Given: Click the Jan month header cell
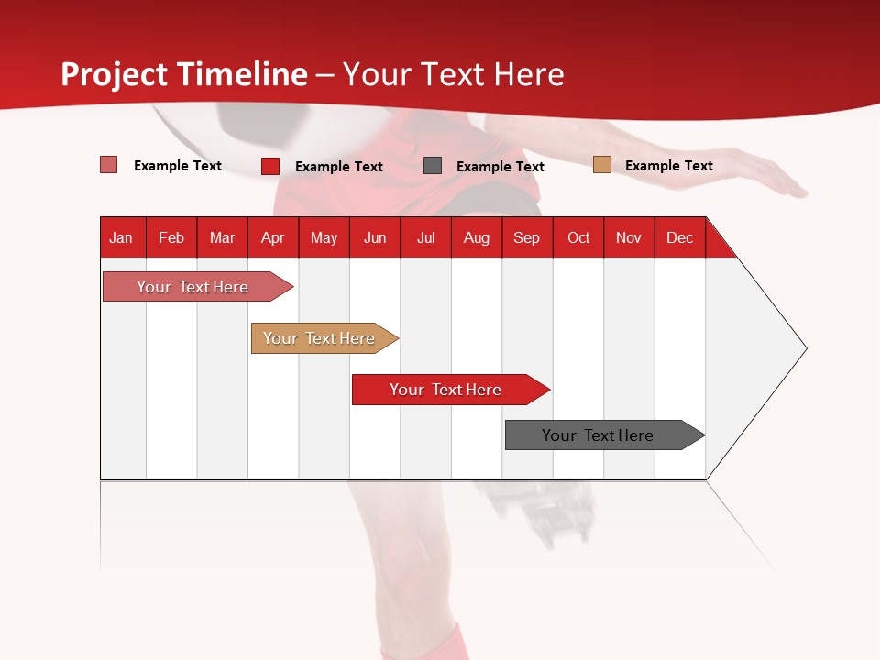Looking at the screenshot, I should [122, 237].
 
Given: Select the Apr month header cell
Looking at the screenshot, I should [272, 237].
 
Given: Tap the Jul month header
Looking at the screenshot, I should [425, 237].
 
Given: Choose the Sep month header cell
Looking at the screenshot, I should [526, 237].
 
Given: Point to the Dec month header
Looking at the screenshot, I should [679, 237].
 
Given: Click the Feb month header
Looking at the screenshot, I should [171, 237].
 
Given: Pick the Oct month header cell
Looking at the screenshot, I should [578, 237].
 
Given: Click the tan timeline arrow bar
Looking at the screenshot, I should [321, 338].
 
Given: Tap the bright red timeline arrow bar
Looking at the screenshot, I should [446, 390].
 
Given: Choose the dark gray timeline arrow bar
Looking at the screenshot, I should [600, 435].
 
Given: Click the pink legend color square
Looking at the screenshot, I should [109, 165].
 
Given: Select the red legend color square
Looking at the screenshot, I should [270, 166].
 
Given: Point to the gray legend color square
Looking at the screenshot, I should [433, 166].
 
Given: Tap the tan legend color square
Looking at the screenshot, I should [601, 165].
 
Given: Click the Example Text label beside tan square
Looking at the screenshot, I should [668, 166].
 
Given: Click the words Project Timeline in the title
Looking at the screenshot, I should [184, 74].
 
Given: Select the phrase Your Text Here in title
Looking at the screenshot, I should [453, 74].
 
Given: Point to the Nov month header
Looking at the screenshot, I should [629, 237].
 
